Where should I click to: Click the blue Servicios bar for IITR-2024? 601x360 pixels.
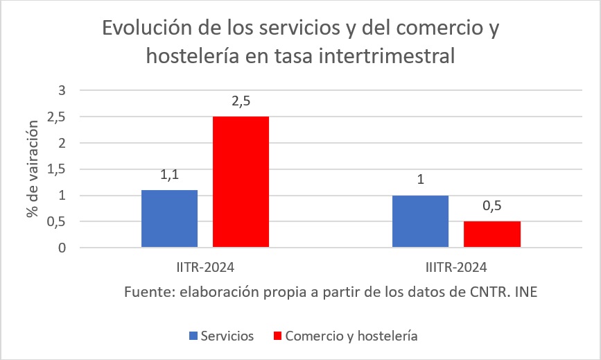click(x=169, y=218)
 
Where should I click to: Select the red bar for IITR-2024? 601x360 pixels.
click(x=241, y=182)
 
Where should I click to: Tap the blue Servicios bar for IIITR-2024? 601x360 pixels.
click(x=420, y=221)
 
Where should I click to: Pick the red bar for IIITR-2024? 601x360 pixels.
click(x=491, y=234)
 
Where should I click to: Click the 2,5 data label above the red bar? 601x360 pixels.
click(x=241, y=101)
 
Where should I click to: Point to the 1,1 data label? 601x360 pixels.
click(x=169, y=175)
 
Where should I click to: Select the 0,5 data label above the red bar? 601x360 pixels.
click(x=491, y=206)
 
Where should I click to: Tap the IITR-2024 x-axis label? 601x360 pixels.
click(x=205, y=267)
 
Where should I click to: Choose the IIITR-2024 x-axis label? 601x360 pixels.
click(x=456, y=267)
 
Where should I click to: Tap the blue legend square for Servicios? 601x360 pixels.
click(x=193, y=336)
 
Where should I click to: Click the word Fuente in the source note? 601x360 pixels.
click(x=146, y=291)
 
